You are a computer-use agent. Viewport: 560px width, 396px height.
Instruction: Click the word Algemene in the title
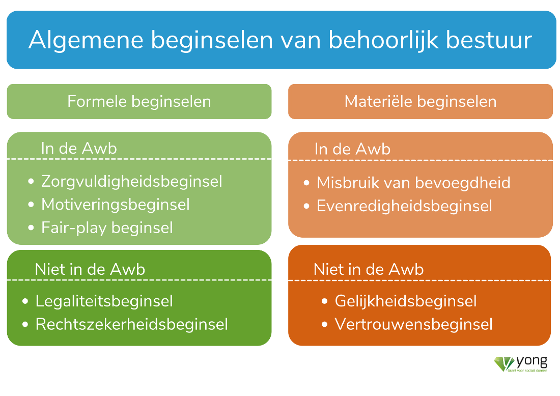[x=86, y=40]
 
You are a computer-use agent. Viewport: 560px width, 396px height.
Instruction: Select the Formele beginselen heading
[x=139, y=102]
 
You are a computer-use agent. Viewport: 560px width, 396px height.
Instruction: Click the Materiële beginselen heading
[x=421, y=101]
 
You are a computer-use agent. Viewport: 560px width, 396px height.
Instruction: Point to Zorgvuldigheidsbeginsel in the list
[x=131, y=182]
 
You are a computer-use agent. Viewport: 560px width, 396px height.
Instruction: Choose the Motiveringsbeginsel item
[x=116, y=205]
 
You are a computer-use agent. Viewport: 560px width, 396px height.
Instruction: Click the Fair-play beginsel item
[x=107, y=228]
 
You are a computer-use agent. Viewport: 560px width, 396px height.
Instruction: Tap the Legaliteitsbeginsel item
[x=104, y=301]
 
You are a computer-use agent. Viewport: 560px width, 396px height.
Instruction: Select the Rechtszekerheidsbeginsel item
[x=131, y=324]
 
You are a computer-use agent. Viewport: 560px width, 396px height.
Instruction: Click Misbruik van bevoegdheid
[x=413, y=183]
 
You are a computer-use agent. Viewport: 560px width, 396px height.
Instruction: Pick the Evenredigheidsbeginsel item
[x=404, y=206]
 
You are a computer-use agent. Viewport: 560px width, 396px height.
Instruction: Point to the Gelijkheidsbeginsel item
[x=406, y=301]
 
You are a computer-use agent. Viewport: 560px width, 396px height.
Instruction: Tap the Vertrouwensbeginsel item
[x=413, y=324]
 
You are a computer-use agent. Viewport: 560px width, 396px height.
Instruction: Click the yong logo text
[x=532, y=362]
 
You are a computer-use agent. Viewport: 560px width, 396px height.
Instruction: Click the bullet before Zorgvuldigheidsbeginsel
[x=31, y=182]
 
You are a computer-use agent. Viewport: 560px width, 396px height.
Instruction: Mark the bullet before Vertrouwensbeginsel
[x=325, y=325]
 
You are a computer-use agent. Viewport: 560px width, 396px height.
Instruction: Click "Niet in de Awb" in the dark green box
[x=90, y=270]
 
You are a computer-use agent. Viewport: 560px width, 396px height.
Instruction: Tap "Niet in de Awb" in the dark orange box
[x=369, y=270]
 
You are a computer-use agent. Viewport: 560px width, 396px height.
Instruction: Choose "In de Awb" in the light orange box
[x=352, y=149]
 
